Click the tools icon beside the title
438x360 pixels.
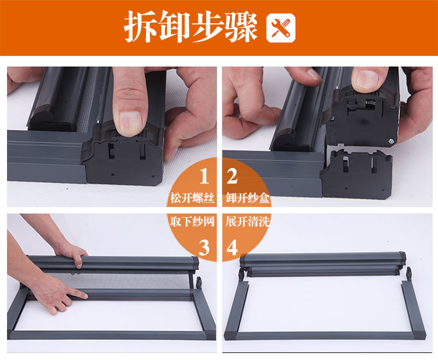tap(281, 28)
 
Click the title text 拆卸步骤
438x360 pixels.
tap(190, 27)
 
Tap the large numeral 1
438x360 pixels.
tap(204, 176)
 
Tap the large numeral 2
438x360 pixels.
tap(232, 176)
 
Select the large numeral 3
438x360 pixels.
tap(204, 248)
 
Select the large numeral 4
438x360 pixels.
tap(232, 248)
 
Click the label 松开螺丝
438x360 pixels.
tap(192, 198)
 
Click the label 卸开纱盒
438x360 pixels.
tap(248, 198)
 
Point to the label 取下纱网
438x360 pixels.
tap(192, 222)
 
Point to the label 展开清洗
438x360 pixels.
tap(248, 222)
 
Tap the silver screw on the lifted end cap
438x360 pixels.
tap(391, 141)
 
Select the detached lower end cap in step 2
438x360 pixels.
tap(356, 174)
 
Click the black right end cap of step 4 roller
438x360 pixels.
tap(402, 257)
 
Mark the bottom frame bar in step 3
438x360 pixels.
tap(112, 335)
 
